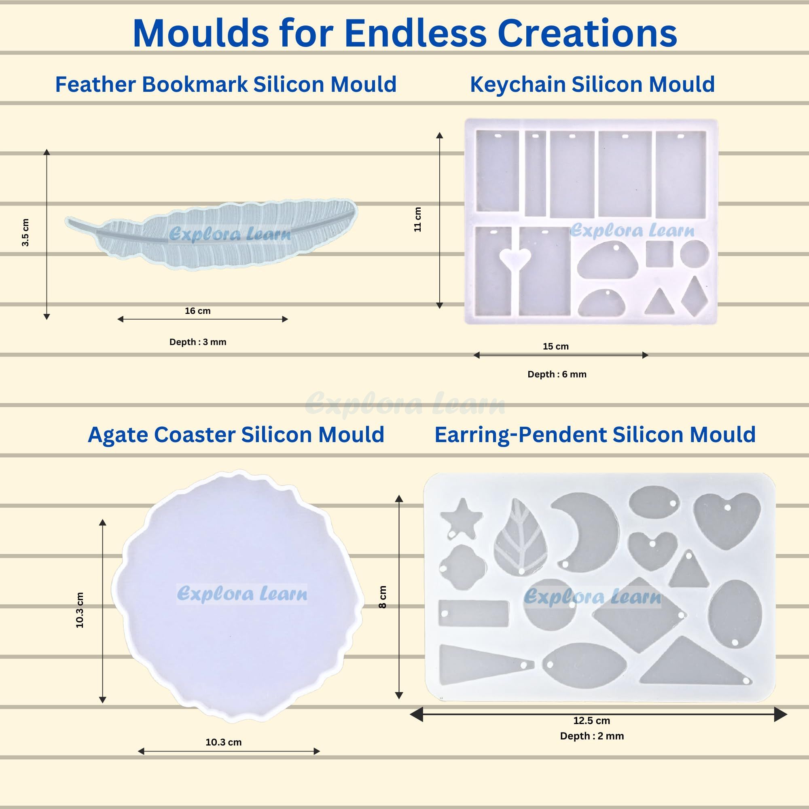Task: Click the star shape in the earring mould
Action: click(461, 518)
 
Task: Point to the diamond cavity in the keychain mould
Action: click(694, 296)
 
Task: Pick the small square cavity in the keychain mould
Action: click(659, 254)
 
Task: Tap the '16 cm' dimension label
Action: click(198, 311)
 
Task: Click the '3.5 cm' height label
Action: click(25, 233)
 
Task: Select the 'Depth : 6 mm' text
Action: click(557, 374)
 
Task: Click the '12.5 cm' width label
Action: click(592, 721)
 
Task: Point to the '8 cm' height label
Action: click(382, 597)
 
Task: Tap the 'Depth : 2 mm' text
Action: click(592, 736)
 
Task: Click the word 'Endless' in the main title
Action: click(415, 33)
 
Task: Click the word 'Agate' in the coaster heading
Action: click(118, 435)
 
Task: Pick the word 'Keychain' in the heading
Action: click(518, 85)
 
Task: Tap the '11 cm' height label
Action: click(417, 219)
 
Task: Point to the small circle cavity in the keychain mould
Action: click(695, 254)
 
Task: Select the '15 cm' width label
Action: click(556, 346)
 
